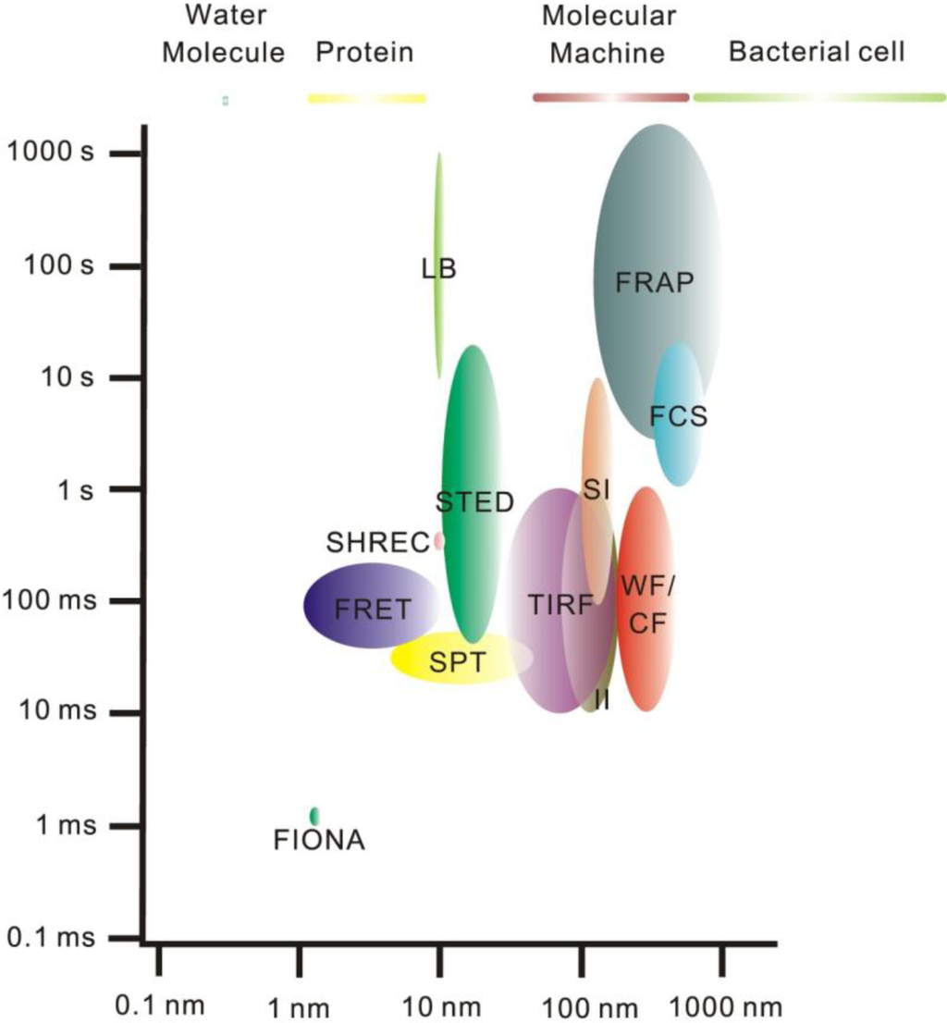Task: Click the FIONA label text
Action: point(320,841)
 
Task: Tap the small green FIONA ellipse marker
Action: point(315,816)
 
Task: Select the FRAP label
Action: point(654,282)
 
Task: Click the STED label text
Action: point(474,502)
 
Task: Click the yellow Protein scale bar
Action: point(366,98)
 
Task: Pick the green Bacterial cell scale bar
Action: point(818,97)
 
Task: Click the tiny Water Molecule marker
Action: point(225,100)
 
